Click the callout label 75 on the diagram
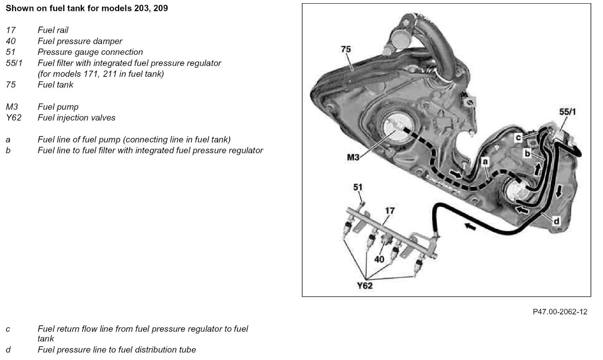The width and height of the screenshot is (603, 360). [x=346, y=49]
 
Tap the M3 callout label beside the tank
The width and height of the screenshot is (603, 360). [x=353, y=157]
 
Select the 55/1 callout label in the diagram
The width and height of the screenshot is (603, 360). [x=567, y=112]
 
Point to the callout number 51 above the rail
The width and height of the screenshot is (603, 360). [x=358, y=187]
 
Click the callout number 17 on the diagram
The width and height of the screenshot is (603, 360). [x=390, y=211]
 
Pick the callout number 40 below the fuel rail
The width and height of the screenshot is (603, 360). [x=379, y=259]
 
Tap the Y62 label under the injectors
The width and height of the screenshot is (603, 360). [x=365, y=286]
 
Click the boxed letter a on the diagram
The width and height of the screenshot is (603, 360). [x=485, y=161]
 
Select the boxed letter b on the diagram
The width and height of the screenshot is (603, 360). [x=527, y=153]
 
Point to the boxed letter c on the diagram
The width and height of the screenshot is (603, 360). [x=518, y=137]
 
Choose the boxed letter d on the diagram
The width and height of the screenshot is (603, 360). [x=556, y=221]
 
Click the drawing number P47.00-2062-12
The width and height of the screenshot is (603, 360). [x=560, y=312]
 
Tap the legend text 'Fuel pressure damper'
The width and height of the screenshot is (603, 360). [x=80, y=41]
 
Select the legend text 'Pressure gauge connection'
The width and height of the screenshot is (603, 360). [x=90, y=52]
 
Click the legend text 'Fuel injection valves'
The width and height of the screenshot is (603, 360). [x=77, y=118]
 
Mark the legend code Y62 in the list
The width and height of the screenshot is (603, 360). [x=13, y=118]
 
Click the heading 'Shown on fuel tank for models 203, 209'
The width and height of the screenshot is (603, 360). [x=87, y=8]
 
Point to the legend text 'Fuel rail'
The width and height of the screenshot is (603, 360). [x=53, y=30]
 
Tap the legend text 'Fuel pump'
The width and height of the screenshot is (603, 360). [x=58, y=107]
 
